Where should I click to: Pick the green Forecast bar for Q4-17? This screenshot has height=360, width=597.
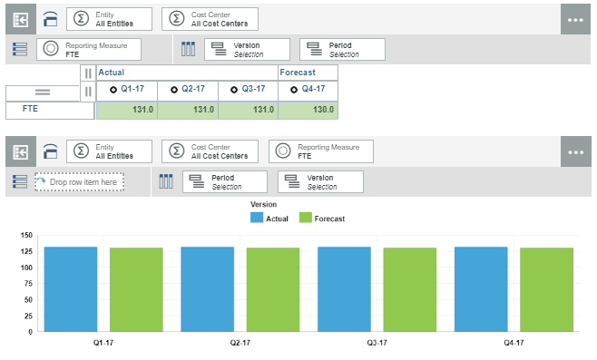point(546,289)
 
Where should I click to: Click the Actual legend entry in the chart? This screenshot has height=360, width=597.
point(270,219)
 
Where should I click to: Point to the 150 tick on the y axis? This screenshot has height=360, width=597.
point(26,236)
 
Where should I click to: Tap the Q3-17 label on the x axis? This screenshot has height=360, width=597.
point(377,343)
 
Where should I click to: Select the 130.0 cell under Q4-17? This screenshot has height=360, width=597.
point(308,110)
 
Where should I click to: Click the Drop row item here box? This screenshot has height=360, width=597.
point(80,182)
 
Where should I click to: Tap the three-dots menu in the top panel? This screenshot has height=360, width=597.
point(578,19)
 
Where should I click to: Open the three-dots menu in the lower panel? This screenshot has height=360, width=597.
point(578,152)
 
